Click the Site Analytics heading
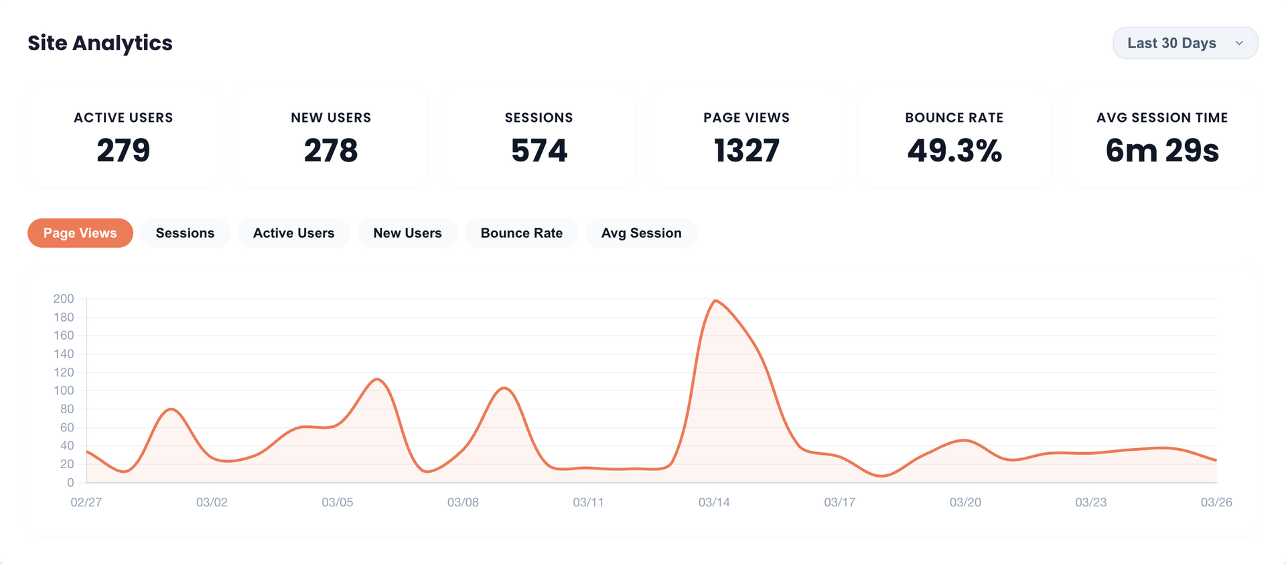click(100, 43)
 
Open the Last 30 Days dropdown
click(1184, 43)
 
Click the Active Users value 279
click(123, 150)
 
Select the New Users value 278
click(331, 150)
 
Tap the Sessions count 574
click(539, 150)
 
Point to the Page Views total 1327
click(746, 150)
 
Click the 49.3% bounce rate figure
click(954, 150)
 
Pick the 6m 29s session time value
click(1161, 150)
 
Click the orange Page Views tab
click(80, 233)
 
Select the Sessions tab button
click(185, 233)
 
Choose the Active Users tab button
click(293, 233)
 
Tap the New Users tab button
click(407, 233)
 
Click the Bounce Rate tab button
click(521, 233)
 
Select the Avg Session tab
click(641, 233)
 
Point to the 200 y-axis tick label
click(64, 299)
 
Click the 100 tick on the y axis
click(64, 391)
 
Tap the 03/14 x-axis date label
click(714, 502)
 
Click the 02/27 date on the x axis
click(86, 502)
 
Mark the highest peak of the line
click(715, 301)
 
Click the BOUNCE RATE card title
click(954, 118)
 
